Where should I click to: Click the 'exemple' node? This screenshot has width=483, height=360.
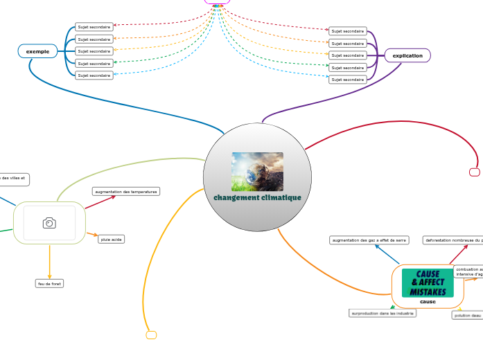tap(37, 51)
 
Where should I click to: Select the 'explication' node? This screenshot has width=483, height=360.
tap(407, 55)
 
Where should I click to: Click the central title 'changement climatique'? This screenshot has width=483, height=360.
tap(257, 198)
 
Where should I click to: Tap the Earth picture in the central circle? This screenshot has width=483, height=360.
tap(257, 172)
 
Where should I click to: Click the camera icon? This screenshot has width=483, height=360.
tap(49, 222)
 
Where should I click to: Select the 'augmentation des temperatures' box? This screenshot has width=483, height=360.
tap(126, 191)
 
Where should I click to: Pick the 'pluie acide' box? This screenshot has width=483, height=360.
tap(111, 239)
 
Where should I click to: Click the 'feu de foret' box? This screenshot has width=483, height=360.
tap(49, 283)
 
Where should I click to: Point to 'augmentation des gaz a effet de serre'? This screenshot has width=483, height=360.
tap(369, 240)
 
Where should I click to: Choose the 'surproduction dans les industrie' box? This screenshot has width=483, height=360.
tap(383, 313)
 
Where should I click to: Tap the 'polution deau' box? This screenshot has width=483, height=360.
tap(467, 316)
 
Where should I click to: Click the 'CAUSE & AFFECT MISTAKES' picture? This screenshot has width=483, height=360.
tap(428, 283)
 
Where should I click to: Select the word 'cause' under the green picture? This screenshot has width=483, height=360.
tap(428, 302)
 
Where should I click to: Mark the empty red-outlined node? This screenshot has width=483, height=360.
tap(475, 172)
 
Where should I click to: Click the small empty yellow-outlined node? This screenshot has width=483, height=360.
tap(151, 335)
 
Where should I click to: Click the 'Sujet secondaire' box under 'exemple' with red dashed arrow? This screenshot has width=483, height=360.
tap(94, 27)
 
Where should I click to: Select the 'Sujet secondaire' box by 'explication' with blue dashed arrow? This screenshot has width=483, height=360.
tap(348, 80)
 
